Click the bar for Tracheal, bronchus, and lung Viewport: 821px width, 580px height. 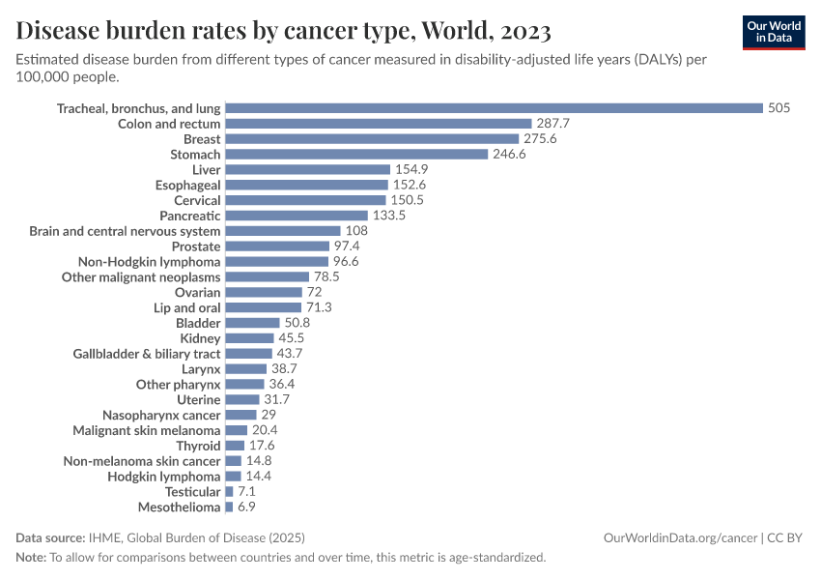[x=494, y=108]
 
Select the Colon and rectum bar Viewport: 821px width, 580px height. [x=379, y=124]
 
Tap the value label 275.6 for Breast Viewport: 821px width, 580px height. [x=540, y=139]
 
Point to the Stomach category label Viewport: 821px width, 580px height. [x=195, y=155]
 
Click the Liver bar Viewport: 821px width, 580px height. [x=307, y=170]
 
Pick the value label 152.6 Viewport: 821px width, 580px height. [x=409, y=185]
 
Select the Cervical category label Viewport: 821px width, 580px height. [x=197, y=200]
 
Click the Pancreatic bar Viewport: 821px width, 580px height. [x=297, y=216]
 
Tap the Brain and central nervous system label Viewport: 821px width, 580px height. [x=125, y=231]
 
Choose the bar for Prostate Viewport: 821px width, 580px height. [x=277, y=246]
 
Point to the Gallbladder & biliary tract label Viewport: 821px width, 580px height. [x=147, y=354]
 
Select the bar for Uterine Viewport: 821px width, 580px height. [x=242, y=399]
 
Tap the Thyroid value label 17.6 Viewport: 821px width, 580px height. [x=262, y=446]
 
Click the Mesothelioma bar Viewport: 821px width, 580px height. [x=229, y=507]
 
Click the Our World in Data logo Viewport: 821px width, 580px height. [x=774, y=31]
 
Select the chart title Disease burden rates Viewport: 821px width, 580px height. [x=283, y=31]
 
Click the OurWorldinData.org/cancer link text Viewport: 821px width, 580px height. [x=680, y=537]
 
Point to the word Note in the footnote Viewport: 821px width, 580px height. [x=31, y=558]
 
